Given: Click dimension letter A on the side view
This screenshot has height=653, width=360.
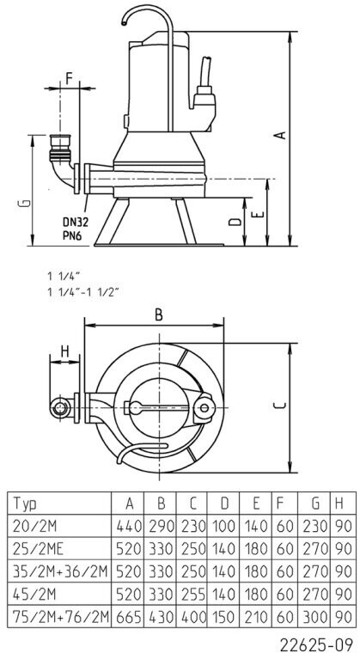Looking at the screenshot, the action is (282, 135).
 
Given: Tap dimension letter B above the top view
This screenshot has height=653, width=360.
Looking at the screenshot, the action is (158, 314).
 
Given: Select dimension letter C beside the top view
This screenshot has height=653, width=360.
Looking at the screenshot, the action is (281, 406).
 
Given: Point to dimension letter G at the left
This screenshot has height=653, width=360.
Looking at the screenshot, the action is (26, 204).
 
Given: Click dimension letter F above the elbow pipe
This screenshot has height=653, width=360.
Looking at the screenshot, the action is (70, 77).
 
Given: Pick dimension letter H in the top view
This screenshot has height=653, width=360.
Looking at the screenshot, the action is (64, 352).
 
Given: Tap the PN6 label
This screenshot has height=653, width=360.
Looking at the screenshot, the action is (71, 235).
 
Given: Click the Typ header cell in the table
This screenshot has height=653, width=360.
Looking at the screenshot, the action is (26, 504).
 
